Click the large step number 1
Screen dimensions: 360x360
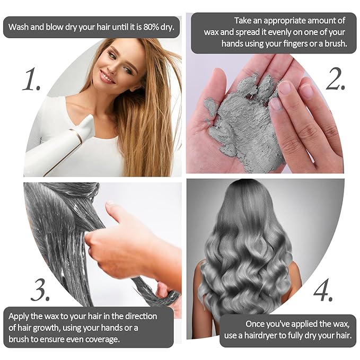click(31, 78)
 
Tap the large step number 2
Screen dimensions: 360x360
click(336, 78)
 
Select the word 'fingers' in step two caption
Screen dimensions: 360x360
click(295, 43)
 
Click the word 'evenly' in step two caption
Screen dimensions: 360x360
click(279, 32)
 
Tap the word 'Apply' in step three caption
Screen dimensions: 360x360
click(19, 317)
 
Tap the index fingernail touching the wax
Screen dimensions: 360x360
click(285, 89)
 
